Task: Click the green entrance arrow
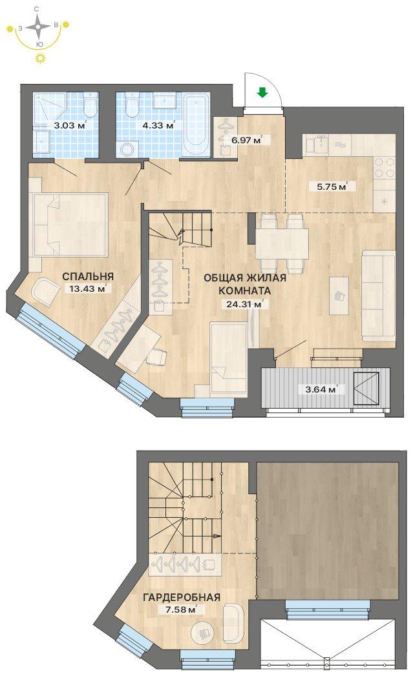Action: tap(262, 92)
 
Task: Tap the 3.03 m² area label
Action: tap(70, 125)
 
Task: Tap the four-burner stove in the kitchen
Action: tap(385, 167)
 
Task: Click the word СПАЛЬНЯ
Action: tap(88, 276)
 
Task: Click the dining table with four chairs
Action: tap(282, 243)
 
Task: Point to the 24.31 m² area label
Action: tap(244, 304)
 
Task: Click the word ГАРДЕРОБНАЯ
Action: tap(182, 598)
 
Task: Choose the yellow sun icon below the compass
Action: tap(40, 57)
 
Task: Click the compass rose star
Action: tap(38, 26)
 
